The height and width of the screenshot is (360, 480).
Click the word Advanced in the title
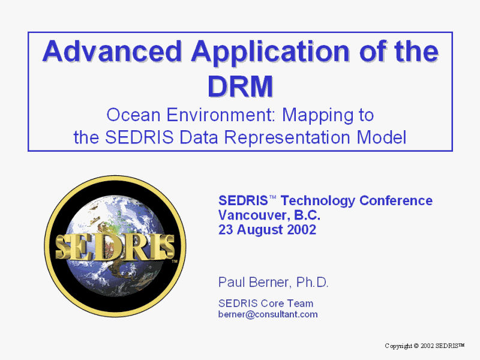coord(112,51)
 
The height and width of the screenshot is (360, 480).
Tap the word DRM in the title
coord(241,86)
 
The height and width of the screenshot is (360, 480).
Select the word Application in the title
coord(271,53)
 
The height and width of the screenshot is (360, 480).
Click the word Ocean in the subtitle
coord(133,115)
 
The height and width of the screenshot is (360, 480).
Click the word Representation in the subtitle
coord(287,138)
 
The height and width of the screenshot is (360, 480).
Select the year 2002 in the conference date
coord(301,230)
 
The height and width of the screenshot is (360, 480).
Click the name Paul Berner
coord(253,283)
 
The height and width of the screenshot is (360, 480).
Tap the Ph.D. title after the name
coord(312,283)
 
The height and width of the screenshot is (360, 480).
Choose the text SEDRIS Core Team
coord(266,304)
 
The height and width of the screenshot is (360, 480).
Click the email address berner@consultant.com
coord(268,314)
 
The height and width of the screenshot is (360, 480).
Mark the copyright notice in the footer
coord(425,346)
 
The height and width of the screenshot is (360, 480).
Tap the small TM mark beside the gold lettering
coord(174,262)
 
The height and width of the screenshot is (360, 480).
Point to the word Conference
coord(396,201)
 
